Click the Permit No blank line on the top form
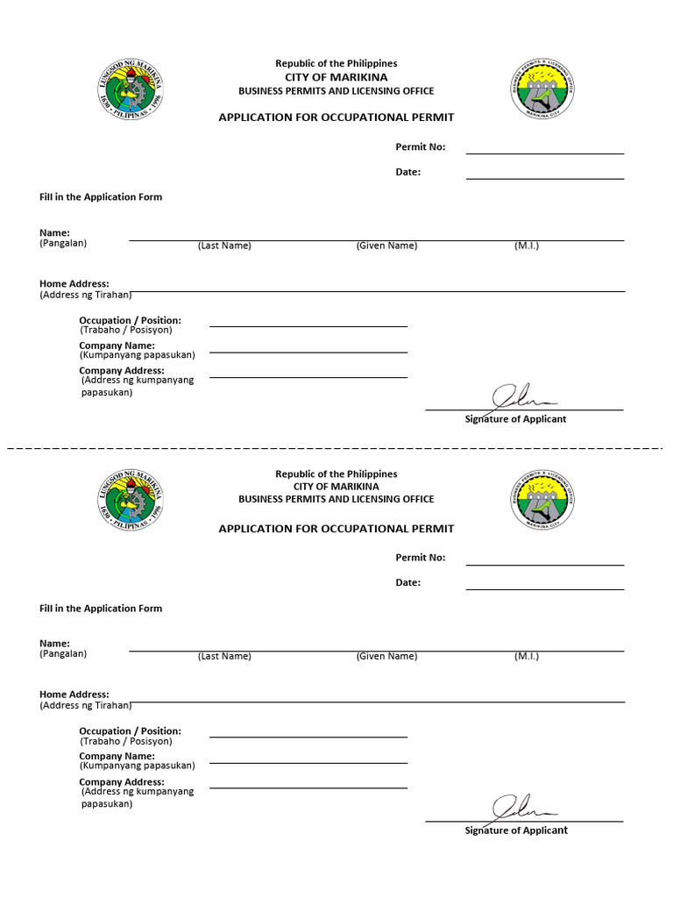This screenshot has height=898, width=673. tap(544, 153)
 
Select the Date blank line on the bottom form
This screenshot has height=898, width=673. tap(544, 588)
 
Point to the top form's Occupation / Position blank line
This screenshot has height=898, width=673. tap(308, 325)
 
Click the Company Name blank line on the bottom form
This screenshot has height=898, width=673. tap(308, 762)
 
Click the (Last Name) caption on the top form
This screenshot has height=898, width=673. tap(224, 246)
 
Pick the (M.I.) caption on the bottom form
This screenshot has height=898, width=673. tap(527, 656)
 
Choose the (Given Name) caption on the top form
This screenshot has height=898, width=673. tap(386, 246)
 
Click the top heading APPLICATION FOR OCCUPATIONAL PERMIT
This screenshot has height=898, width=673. tap(336, 118)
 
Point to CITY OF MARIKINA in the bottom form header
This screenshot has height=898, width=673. tap(336, 486)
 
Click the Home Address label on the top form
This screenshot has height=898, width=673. tap(74, 284)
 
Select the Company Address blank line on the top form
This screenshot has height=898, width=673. tap(308, 377)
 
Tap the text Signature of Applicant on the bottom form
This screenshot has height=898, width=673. tap(515, 830)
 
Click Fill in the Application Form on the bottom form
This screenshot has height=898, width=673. tap(101, 609)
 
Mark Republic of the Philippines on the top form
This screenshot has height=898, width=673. tap(336, 63)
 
